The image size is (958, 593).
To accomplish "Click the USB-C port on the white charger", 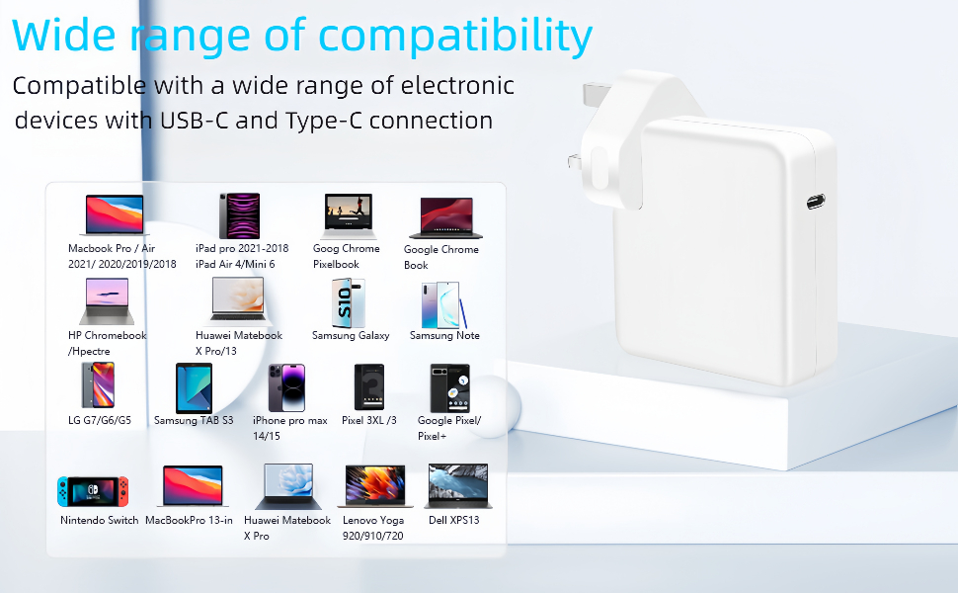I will click(x=815, y=204).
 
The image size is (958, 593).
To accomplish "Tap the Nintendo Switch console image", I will click(x=92, y=491).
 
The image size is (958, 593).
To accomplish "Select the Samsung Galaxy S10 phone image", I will click(x=348, y=303).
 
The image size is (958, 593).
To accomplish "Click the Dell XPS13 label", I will click(x=454, y=520).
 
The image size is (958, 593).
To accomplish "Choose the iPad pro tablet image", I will click(x=239, y=215).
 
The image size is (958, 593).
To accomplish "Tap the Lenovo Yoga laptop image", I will click(x=373, y=486).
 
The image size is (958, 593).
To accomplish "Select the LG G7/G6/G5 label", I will click(x=100, y=420).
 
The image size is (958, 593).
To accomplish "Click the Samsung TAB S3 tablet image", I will click(x=194, y=387).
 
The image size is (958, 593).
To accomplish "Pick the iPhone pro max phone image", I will click(x=287, y=387).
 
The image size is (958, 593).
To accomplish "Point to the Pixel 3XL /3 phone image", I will click(x=369, y=387).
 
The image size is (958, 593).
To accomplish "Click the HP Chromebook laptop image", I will click(x=108, y=301).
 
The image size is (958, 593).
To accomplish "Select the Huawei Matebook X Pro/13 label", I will click(x=239, y=343).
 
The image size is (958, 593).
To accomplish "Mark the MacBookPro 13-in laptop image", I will click(x=193, y=486).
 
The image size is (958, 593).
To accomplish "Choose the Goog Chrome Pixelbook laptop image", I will click(x=348, y=216).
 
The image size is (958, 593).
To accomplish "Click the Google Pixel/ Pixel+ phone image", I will click(x=450, y=388).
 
